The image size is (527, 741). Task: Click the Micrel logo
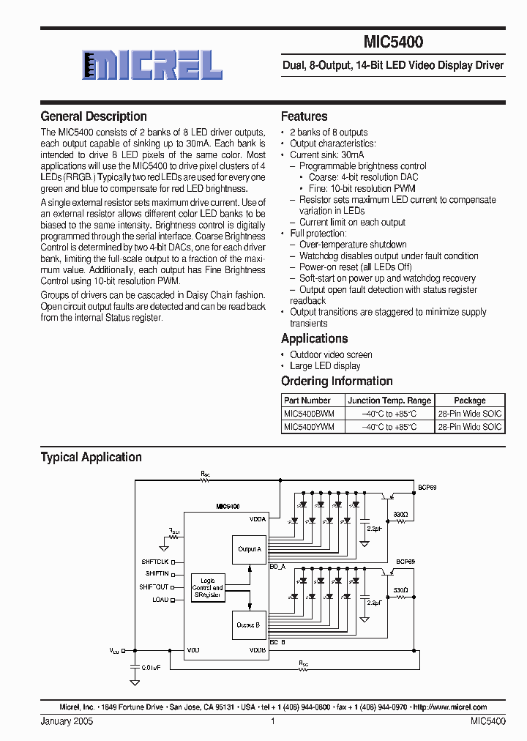click(x=152, y=65)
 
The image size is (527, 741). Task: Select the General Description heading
click(x=94, y=116)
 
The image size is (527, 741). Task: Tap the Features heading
click(x=304, y=116)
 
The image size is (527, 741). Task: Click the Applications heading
click(x=314, y=338)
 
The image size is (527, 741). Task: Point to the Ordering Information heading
click(x=337, y=381)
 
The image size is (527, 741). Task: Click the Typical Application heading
click(x=91, y=457)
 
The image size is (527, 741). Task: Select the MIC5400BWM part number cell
click(x=309, y=414)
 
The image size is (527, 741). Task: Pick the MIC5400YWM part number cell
click(x=309, y=426)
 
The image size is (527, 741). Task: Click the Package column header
click(x=469, y=401)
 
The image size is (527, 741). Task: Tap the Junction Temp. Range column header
click(x=389, y=401)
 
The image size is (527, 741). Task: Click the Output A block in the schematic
click(x=249, y=548)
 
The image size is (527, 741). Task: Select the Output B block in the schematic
click(x=248, y=625)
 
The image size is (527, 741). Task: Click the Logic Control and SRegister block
click(x=207, y=588)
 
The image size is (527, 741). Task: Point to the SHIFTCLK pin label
click(x=155, y=562)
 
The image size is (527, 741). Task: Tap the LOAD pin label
click(x=160, y=600)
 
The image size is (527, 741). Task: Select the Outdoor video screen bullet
click(x=331, y=354)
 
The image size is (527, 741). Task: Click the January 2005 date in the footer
click(x=67, y=721)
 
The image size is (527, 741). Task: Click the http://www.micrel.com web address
click(x=449, y=707)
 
